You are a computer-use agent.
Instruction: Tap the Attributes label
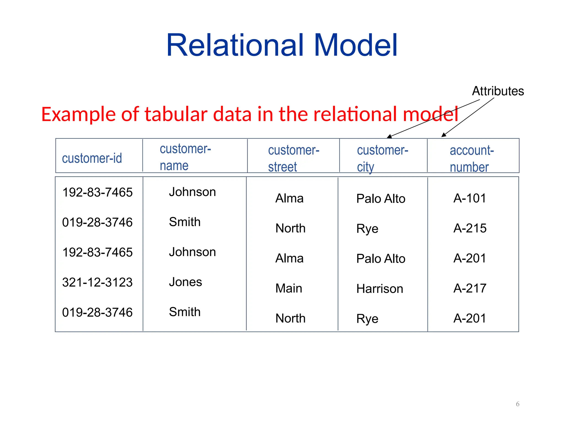(498, 91)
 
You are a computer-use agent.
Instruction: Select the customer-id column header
(92, 158)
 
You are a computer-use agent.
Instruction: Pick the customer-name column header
(185, 157)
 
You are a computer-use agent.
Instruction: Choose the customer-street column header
(293, 158)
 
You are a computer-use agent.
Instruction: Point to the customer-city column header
(382, 158)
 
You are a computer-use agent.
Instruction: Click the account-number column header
(471, 159)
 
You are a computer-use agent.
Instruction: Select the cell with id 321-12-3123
(97, 283)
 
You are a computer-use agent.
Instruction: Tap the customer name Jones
(185, 282)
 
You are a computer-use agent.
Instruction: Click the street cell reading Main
(289, 288)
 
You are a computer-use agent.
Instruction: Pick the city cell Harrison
(379, 289)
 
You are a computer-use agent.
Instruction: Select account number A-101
(470, 198)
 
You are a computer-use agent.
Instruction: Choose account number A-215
(470, 228)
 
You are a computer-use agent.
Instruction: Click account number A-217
(470, 288)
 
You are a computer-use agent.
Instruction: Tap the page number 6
(517, 404)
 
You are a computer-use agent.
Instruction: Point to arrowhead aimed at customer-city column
(389, 136)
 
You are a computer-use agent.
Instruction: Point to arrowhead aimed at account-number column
(443, 135)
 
